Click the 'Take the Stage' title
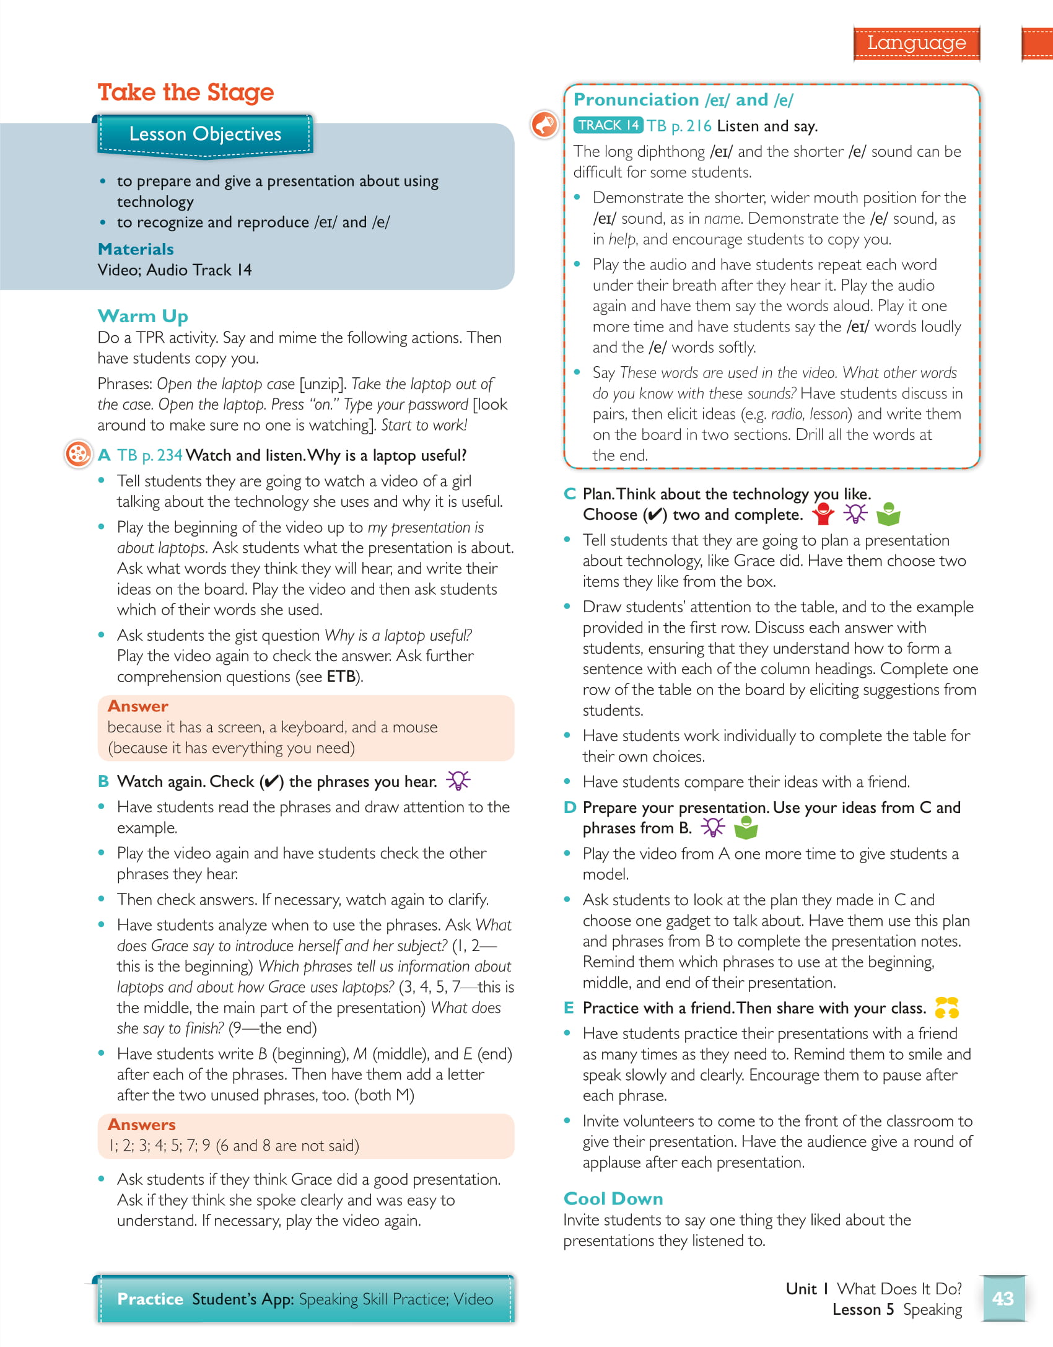(185, 92)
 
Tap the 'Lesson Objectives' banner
(205, 134)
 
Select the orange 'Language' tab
(916, 43)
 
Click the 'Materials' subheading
(136, 249)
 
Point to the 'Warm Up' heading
(142, 316)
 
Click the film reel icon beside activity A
(78, 454)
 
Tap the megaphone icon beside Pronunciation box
(544, 125)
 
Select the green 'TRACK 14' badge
(608, 125)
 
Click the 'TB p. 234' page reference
(150, 455)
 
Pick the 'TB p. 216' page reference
(679, 126)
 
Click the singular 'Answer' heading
(138, 706)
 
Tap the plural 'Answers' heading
(141, 1125)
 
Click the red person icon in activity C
(823, 514)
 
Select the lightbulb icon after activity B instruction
(458, 781)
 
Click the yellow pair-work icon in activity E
(946, 1008)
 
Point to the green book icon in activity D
(746, 828)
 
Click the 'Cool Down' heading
(613, 1199)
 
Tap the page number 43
(1003, 1298)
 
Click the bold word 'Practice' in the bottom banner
(150, 1299)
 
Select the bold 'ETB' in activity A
(341, 677)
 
